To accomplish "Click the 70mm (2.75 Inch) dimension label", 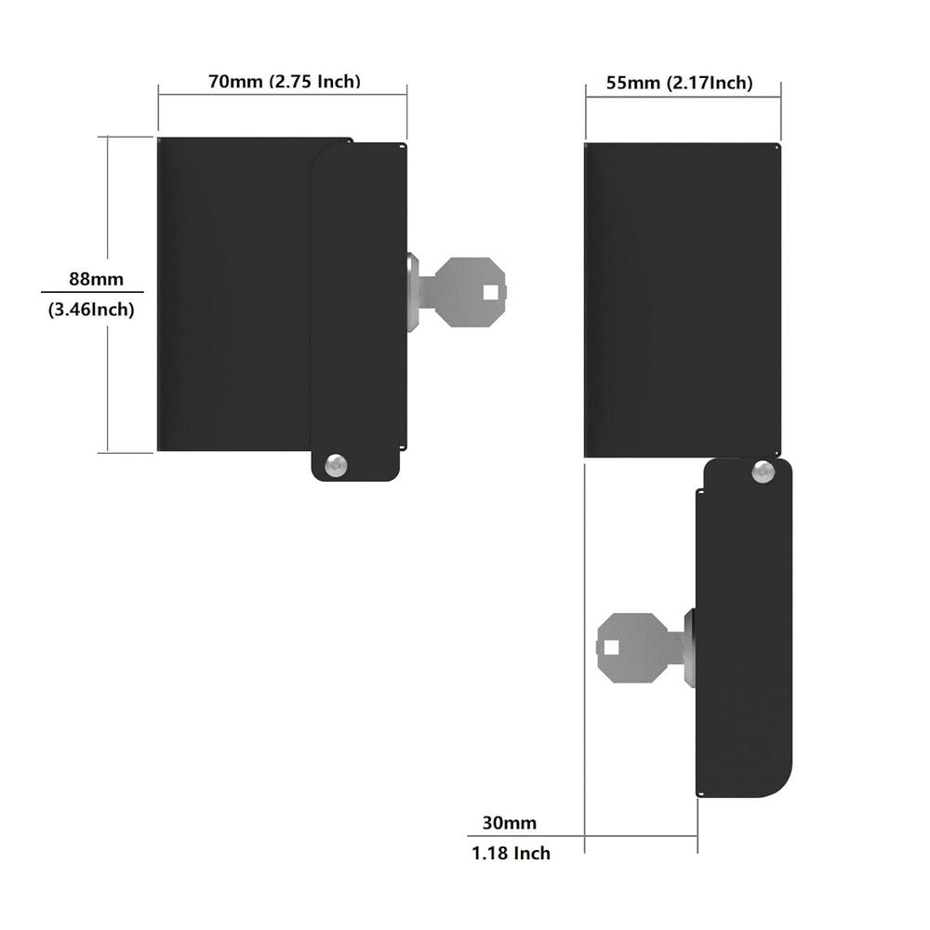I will (284, 81).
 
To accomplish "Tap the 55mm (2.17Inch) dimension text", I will (679, 83).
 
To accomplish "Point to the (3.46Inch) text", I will (91, 311).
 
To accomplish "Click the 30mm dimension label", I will (509, 822).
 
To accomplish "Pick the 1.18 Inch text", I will (511, 853).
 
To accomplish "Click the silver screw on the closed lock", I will (336, 464).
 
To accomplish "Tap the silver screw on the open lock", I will (764, 472).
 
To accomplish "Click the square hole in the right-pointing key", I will (490, 292).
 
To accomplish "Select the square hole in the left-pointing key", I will (611, 648).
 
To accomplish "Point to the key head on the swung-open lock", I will (631, 647).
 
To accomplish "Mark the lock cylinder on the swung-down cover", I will (689, 647).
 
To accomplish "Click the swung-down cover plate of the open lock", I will (744, 632).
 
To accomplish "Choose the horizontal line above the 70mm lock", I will (283, 93).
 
